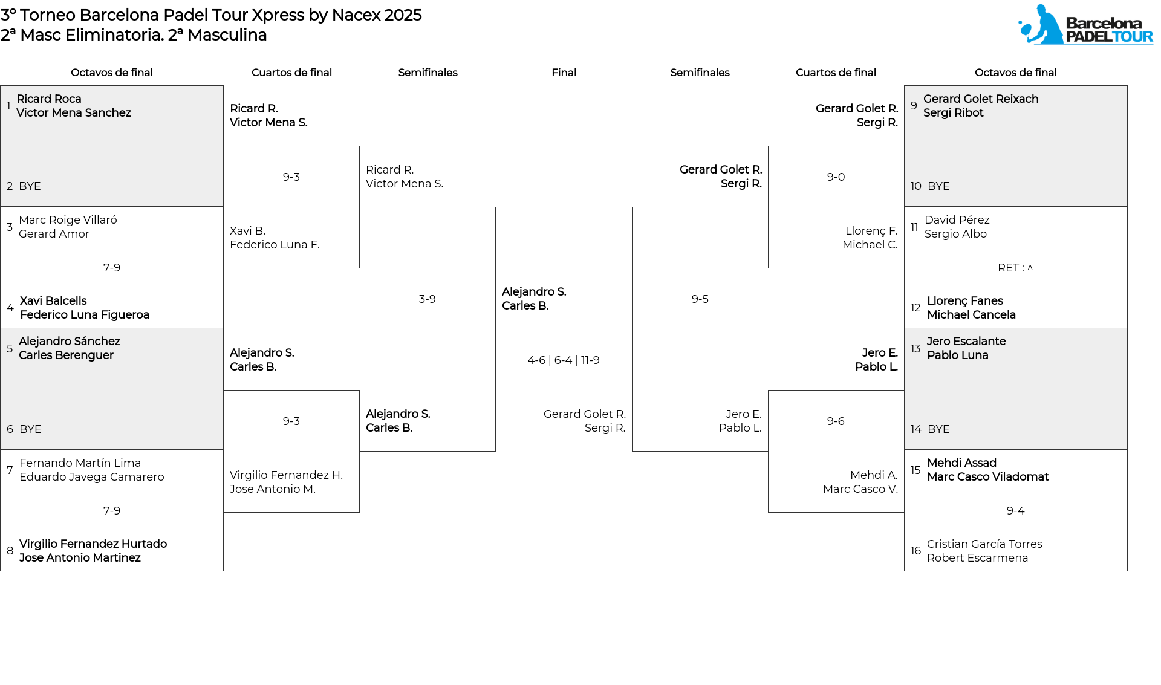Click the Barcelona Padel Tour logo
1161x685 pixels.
pyautogui.click(x=1085, y=25)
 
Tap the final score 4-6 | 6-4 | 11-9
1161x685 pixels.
pyautogui.click(x=564, y=360)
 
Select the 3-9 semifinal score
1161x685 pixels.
pyautogui.click(x=428, y=299)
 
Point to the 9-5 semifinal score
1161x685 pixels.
pyautogui.click(x=700, y=299)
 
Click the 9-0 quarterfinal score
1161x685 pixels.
pyautogui.click(x=836, y=177)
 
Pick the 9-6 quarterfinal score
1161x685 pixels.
pyautogui.click(x=836, y=421)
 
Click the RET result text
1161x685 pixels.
pyautogui.click(x=1015, y=268)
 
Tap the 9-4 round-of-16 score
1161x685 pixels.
pyautogui.click(x=1016, y=511)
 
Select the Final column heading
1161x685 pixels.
pyautogui.click(x=564, y=73)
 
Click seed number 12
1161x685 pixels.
pyautogui.click(x=915, y=308)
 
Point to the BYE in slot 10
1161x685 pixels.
pyautogui.click(x=938, y=186)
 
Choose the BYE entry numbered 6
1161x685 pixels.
pyautogui.click(x=30, y=429)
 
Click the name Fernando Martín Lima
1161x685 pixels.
pyautogui.click(x=80, y=463)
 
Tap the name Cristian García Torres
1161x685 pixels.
pyautogui.click(x=984, y=544)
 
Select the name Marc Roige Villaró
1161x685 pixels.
pyautogui.click(x=68, y=220)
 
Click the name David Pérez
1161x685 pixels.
pyautogui.click(x=957, y=220)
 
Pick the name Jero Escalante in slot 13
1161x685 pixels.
pyautogui.click(x=966, y=342)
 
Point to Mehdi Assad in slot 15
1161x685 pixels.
pyautogui.click(x=961, y=463)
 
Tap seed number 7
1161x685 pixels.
pyautogui.click(x=10, y=470)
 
